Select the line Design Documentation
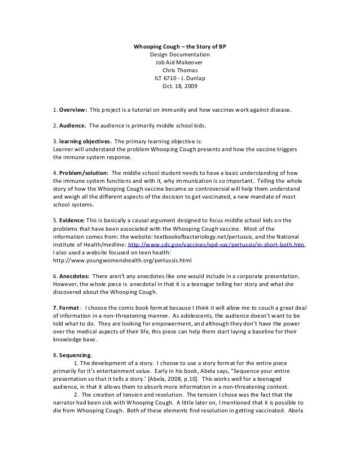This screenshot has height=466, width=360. coord(179,54)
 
